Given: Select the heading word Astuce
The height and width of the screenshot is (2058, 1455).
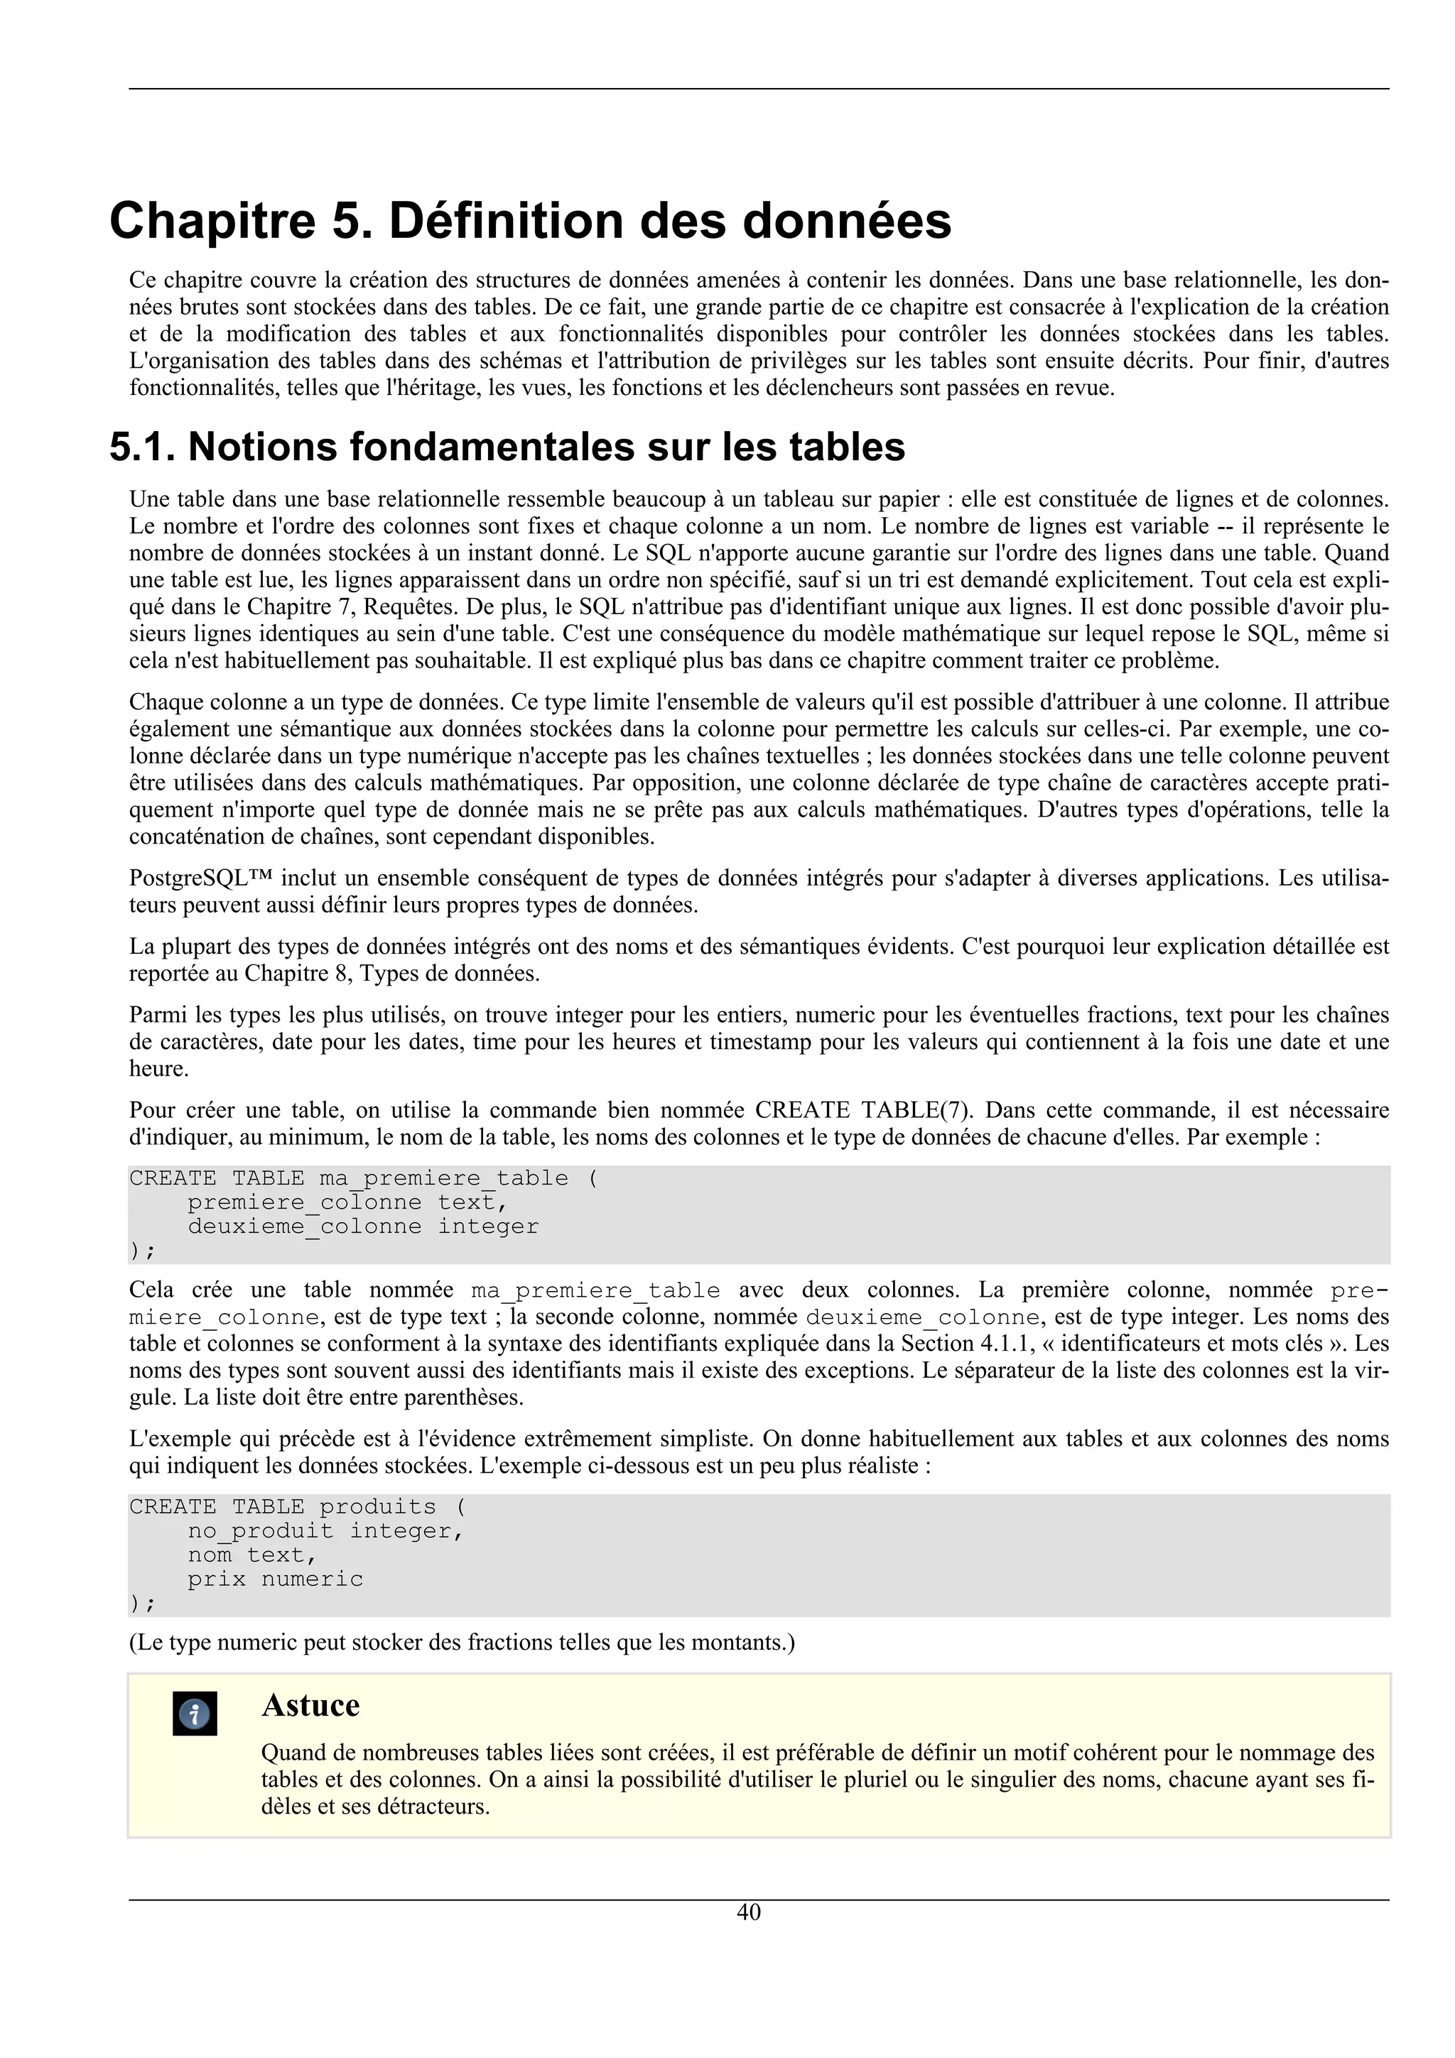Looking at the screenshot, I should coord(310,1705).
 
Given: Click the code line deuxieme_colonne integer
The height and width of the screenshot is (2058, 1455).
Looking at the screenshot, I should coord(363,1226).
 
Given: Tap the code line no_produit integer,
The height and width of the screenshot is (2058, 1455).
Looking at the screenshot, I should coord(325,1531).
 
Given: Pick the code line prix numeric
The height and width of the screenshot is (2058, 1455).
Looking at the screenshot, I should coord(275,1579).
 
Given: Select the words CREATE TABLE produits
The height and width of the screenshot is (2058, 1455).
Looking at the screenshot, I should coord(282,1507).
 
